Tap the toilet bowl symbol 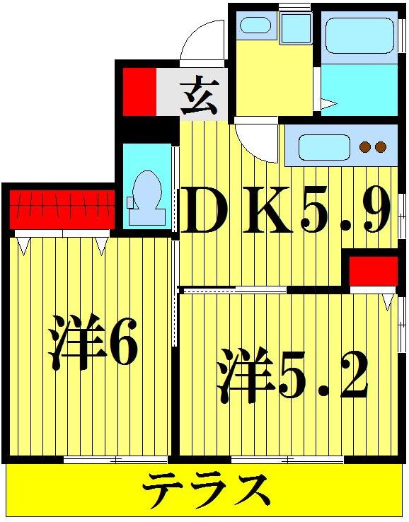[x=149, y=189]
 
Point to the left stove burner [x=366, y=147]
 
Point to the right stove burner [x=381, y=147]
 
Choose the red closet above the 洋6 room [x=62, y=209]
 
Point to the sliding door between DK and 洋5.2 [x=234, y=289]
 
